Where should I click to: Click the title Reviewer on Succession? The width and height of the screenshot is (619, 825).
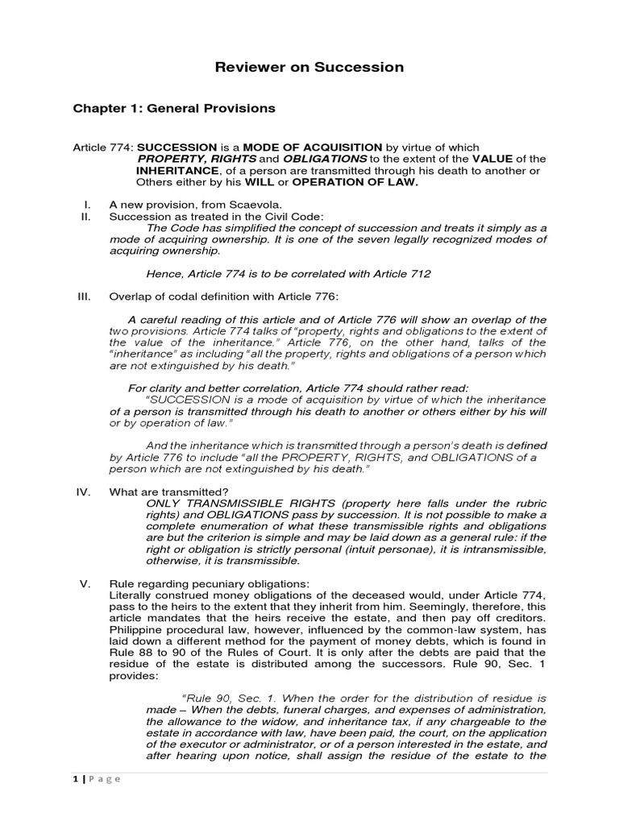(309, 68)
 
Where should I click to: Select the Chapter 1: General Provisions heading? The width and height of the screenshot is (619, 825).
(174, 108)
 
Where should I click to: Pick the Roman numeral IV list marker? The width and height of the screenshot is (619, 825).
(85, 491)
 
